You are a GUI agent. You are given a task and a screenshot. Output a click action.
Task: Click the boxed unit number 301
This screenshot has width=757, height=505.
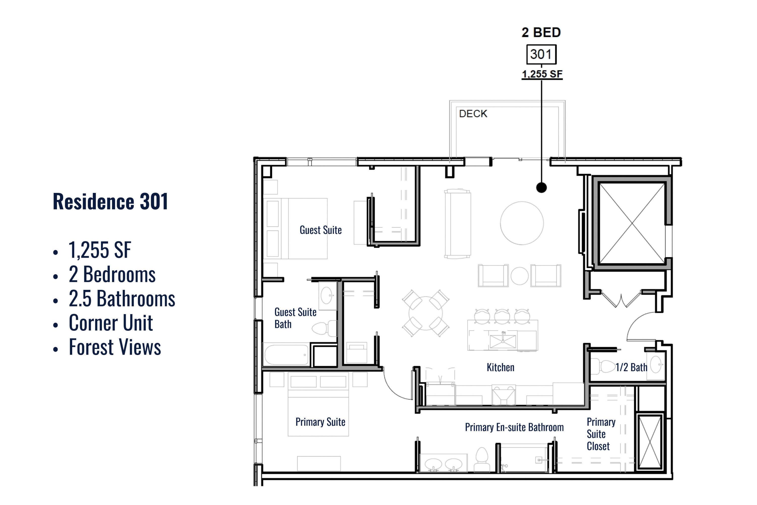pos(541,54)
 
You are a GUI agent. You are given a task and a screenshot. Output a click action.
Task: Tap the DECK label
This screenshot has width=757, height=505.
pos(473,114)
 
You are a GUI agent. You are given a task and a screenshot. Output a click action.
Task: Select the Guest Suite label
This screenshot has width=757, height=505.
pos(320,230)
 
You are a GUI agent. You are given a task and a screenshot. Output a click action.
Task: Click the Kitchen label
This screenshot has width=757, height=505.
pos(500,367)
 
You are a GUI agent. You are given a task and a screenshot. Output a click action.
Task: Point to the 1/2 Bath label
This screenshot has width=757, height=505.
pos(631,367)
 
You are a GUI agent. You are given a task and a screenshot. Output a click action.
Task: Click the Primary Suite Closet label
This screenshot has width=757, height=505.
pos(601,434)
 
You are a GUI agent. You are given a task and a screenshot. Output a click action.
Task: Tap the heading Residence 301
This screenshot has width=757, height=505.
pos(111,201)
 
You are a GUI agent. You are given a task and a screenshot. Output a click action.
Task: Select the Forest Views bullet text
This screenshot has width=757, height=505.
pos(115,347)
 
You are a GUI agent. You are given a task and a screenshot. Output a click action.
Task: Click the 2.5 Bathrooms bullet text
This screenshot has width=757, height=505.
pos(122,298)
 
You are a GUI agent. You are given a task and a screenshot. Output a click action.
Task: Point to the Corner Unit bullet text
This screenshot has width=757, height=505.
pos(111,323)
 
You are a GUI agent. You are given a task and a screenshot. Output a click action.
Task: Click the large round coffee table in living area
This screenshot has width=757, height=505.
pos(522,223)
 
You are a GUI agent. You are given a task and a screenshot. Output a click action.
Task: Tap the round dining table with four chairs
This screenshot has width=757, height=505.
pos(425,313)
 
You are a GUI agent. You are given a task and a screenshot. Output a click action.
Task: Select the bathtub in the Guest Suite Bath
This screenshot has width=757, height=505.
pos(286,355)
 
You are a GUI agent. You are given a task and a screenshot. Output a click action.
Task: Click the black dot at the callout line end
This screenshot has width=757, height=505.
pos(541,187)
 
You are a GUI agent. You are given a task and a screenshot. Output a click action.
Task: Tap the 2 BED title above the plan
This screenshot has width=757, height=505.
pos(541,32)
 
